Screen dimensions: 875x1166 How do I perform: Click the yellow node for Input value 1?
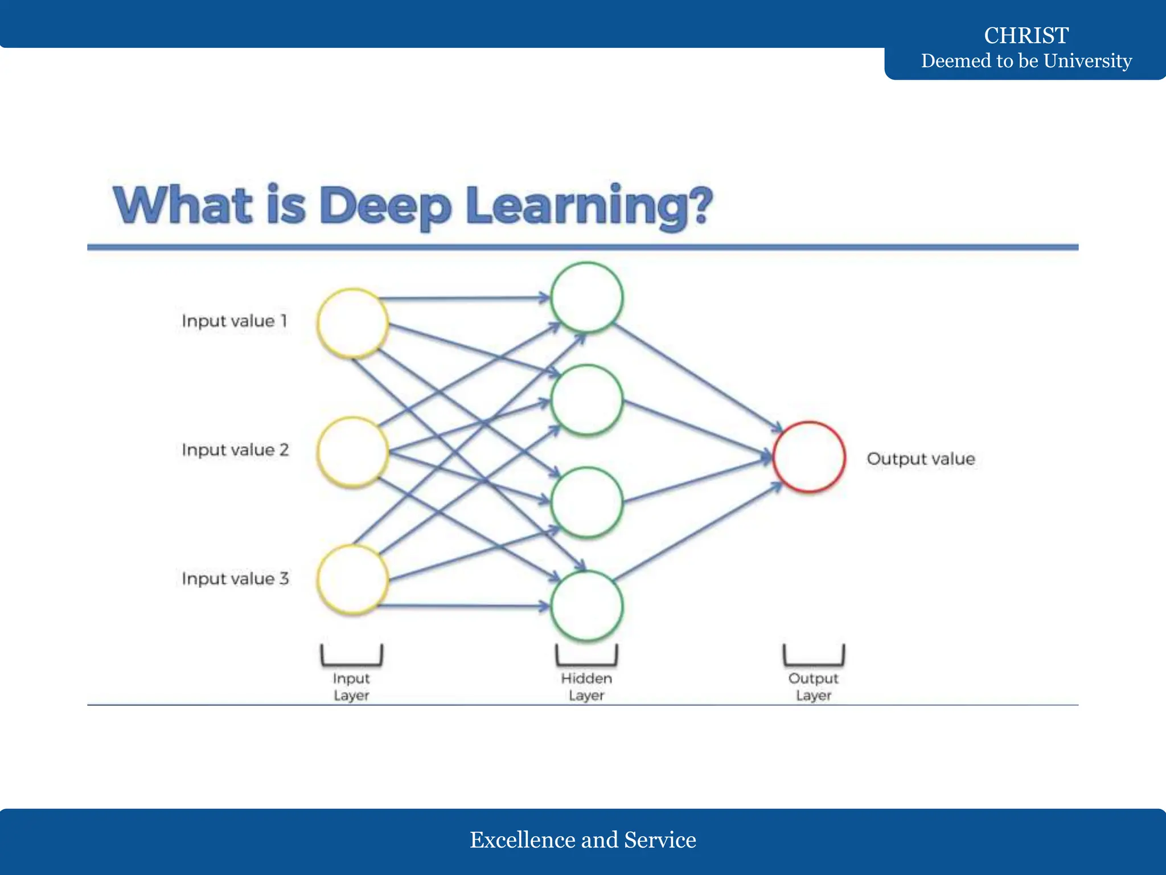point(353,323)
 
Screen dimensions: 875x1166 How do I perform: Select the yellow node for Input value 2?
point(353,452)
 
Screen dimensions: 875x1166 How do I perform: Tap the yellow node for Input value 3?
point(353,579)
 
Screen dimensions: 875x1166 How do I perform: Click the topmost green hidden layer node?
point(586,297)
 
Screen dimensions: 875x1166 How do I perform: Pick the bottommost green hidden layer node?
point(586,606)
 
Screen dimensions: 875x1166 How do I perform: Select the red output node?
point(809,457)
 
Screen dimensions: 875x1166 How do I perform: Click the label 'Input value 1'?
point(235,321)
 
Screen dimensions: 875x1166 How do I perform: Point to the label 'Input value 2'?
point(235,450)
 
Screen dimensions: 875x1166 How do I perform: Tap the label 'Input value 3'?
point(235,579)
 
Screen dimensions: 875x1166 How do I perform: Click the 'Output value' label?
point(921,459)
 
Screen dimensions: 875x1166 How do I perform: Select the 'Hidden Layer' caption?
point(586,687)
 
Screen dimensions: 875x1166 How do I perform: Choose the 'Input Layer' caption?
point(351,687)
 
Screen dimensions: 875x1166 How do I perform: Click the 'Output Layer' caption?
point(814,687)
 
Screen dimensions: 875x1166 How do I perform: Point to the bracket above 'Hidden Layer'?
point(586,656)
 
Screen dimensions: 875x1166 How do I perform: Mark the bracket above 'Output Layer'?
point(814,656)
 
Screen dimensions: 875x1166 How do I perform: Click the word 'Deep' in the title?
point(385,206)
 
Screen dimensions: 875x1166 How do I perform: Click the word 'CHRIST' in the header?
point(1027,35)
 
